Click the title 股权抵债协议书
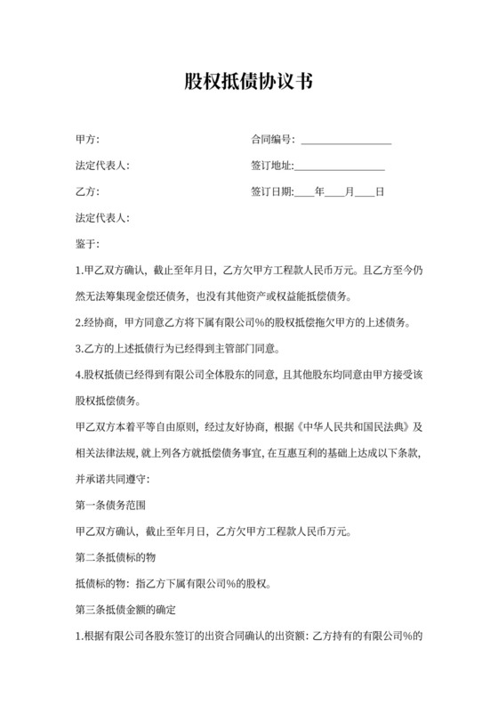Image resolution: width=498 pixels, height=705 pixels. (x=248, y=83)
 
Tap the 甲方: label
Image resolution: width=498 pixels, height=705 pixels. (x=87, y=140)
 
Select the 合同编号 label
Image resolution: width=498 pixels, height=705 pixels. (x=274, y=140)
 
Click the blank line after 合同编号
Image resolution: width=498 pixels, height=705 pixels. (x=347, y=141)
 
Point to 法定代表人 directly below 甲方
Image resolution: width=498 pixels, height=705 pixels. (x=103, y=166)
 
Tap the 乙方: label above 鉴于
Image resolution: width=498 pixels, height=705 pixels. (x=87, y=191)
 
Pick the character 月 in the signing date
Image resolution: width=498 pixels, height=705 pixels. (x=349, y=191)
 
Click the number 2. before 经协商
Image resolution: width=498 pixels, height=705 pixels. (x=79, y=321)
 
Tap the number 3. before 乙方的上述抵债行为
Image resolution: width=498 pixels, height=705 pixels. (x=79, y=347)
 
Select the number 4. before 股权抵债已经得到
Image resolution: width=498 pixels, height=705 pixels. (x=79, y=373)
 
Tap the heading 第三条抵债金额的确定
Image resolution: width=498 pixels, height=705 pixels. (x=126, y=611)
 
